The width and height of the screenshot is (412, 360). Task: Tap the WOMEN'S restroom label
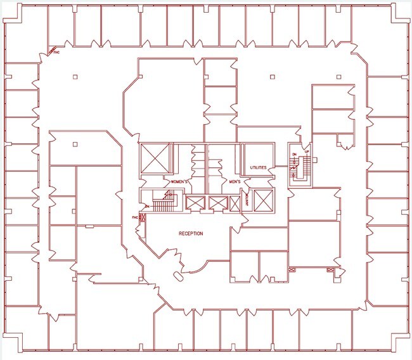pos(180,182)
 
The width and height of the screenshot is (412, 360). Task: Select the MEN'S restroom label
pos(228,182)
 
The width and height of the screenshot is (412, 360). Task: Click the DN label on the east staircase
pos(294,154)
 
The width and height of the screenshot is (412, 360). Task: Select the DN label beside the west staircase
pos(146,207)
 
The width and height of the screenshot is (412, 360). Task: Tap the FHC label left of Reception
pos(135,217)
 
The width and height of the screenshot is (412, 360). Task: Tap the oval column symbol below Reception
pos(178,275)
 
